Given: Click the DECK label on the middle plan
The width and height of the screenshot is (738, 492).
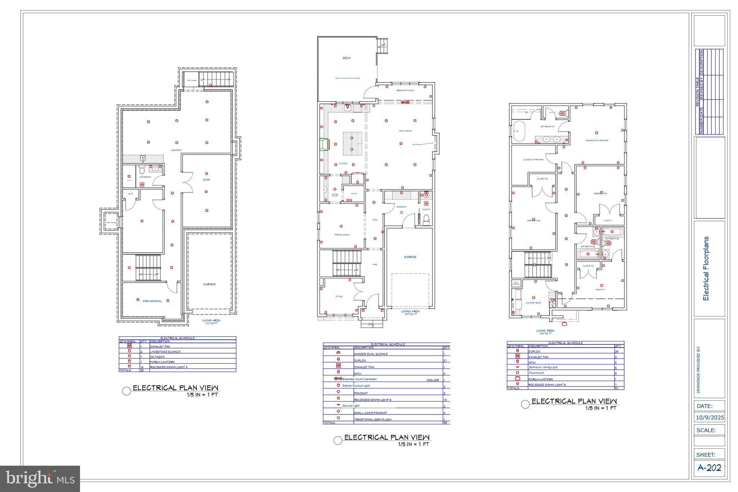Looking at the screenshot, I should [346, 58].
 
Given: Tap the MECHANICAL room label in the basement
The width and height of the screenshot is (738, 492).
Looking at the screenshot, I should [152, 301].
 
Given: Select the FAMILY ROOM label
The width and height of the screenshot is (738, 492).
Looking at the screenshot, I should [405, 131].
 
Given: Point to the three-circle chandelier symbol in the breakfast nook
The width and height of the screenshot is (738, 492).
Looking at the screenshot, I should [405, 102].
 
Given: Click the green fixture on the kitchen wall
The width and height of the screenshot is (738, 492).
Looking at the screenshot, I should [325, 144].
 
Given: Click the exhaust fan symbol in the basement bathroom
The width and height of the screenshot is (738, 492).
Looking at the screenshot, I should [142, 185].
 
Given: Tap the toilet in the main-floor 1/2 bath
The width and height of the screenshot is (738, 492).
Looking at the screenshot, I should [426, 220].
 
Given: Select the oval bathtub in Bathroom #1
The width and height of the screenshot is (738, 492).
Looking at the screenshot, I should [519, 131].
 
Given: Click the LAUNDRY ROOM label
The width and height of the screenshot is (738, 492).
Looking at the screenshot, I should [533, 303].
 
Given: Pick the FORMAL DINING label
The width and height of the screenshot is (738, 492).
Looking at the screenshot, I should [341, 235].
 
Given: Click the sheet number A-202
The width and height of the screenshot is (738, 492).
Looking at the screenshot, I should [709, 468].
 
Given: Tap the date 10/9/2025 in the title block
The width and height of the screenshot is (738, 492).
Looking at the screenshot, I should [710, 418].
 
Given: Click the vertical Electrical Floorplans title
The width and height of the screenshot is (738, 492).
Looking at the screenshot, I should [706, 269].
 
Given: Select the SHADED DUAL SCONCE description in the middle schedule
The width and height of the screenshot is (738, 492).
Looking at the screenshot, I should [370, 354].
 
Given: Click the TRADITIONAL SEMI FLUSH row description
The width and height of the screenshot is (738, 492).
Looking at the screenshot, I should [372, 419].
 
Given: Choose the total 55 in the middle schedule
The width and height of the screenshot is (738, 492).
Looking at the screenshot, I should [445, 422].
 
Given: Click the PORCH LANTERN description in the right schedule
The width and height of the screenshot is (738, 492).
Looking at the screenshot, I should [540, 379].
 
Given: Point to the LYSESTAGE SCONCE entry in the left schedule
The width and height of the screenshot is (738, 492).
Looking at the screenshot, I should [165, 352].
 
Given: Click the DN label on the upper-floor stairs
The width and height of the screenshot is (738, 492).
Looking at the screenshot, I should [549, 258].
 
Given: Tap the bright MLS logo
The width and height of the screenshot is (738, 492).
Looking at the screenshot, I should [40, 479].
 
